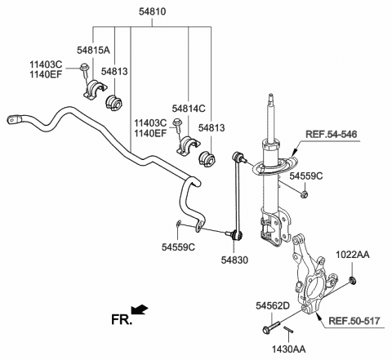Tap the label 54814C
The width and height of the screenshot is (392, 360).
tap(189, 108)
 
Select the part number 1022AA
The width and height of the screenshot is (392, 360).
tap(352, 256)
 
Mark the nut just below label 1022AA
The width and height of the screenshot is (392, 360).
tap(350, 282)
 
